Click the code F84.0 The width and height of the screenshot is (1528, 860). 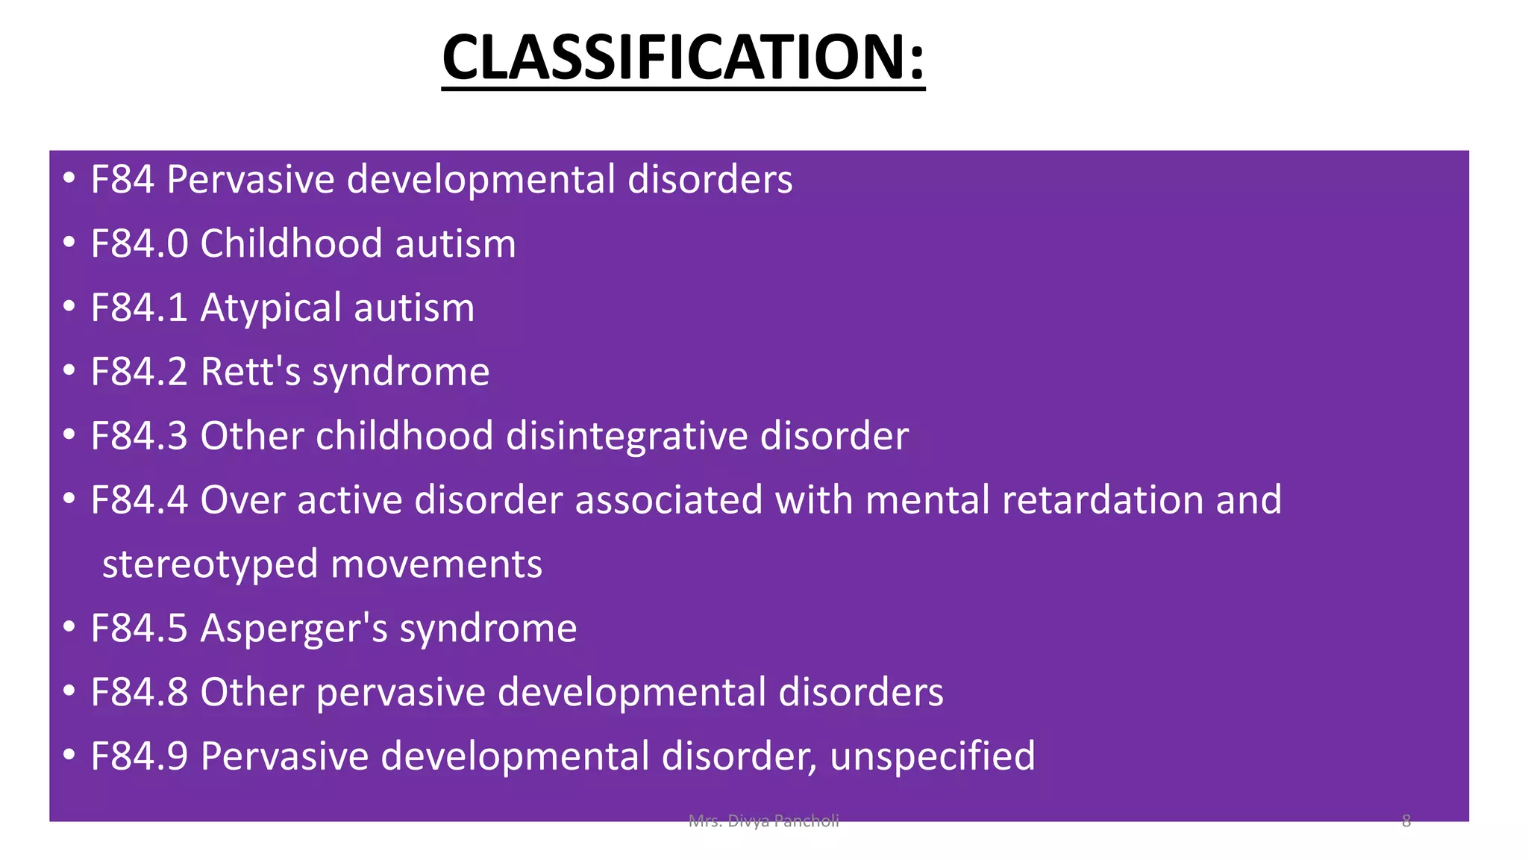140,244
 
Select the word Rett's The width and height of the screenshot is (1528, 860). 251,372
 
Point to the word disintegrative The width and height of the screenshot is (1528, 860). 627,436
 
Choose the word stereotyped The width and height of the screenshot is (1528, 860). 210,564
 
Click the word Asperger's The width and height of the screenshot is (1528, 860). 294,628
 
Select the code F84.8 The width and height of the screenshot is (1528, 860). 140,692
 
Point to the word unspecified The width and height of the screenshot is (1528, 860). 933,756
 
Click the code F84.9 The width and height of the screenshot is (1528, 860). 140,756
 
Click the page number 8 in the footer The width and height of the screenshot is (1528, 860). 1406,822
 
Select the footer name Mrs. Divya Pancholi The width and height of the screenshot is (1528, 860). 763,822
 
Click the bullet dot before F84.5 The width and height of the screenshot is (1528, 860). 69,626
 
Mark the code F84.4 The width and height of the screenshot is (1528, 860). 140,499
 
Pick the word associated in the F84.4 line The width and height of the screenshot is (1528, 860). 668,499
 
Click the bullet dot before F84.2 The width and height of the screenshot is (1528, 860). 69,370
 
